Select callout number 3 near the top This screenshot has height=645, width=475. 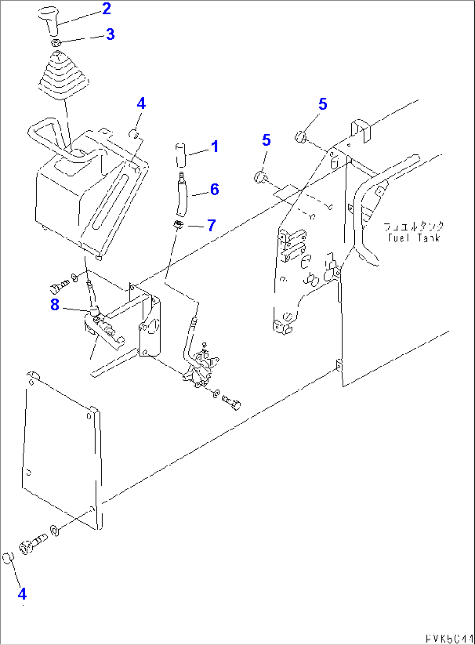pos(110,34)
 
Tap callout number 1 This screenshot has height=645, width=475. pos(214,147)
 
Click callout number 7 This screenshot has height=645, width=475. pos(211,225)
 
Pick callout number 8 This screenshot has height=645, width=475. pos(54,305)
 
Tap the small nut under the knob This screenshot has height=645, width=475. pos(56,43)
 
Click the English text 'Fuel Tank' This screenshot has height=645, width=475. pos(414,238)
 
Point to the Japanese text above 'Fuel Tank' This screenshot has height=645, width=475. pos(414,227)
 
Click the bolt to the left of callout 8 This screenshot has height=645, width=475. pos(59,287)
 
